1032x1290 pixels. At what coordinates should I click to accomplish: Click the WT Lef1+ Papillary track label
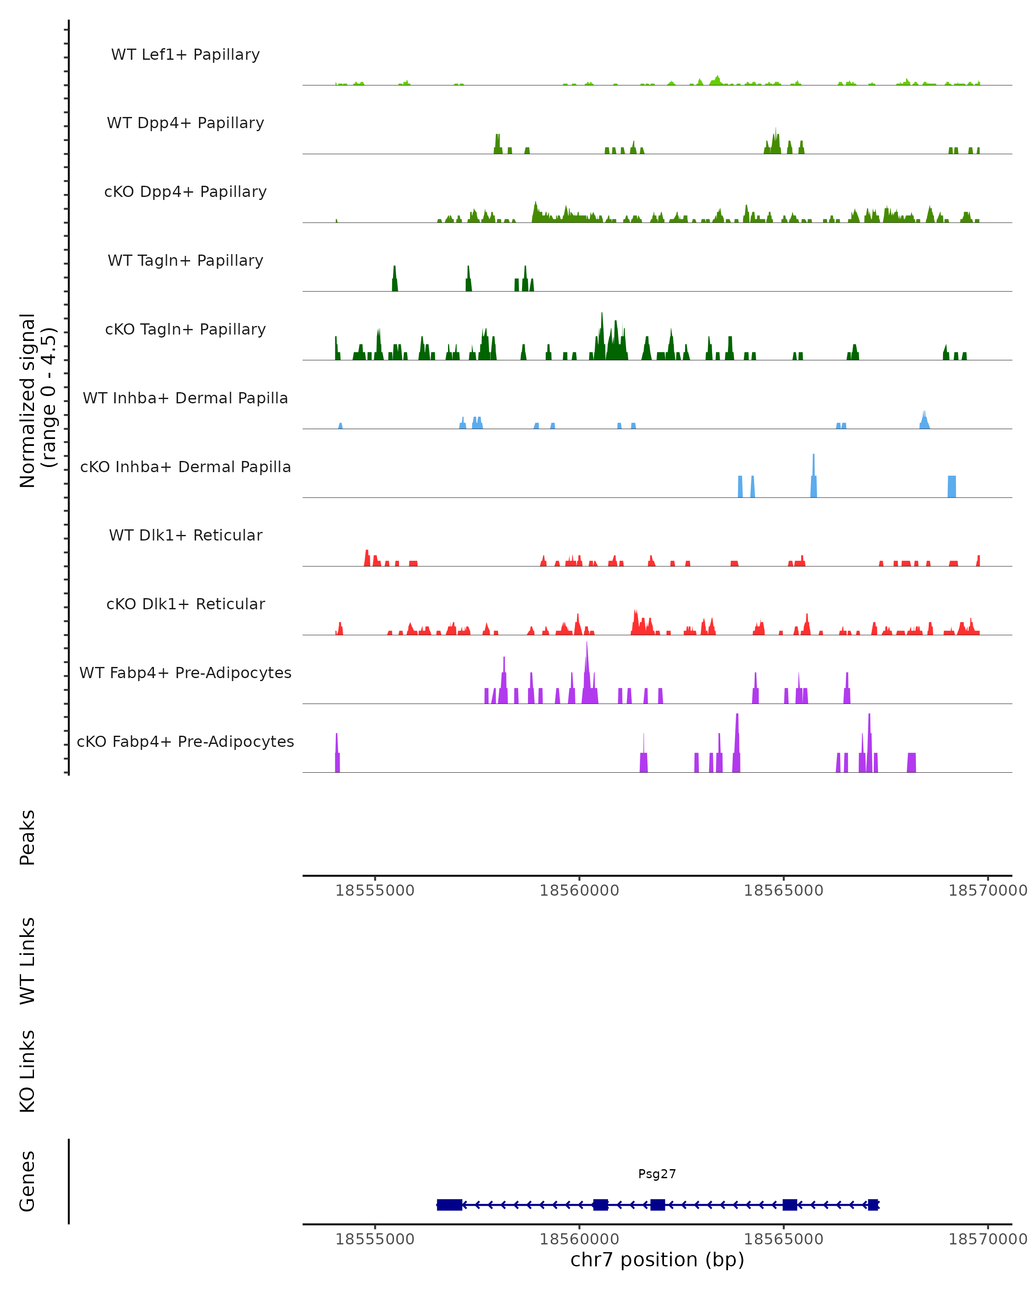click(185, 55)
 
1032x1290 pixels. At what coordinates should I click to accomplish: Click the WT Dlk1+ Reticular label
click(185, 535)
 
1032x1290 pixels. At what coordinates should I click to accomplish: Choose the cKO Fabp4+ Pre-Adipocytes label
click(185, 741)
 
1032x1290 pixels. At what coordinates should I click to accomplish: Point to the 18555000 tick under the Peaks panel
click(375, 891)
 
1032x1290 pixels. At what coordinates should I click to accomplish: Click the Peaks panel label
click(28, 837)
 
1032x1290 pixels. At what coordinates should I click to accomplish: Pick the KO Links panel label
click(28, 1071)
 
